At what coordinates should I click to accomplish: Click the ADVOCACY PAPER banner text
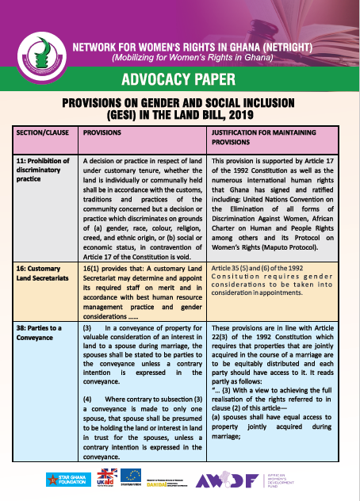(179, 79)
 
